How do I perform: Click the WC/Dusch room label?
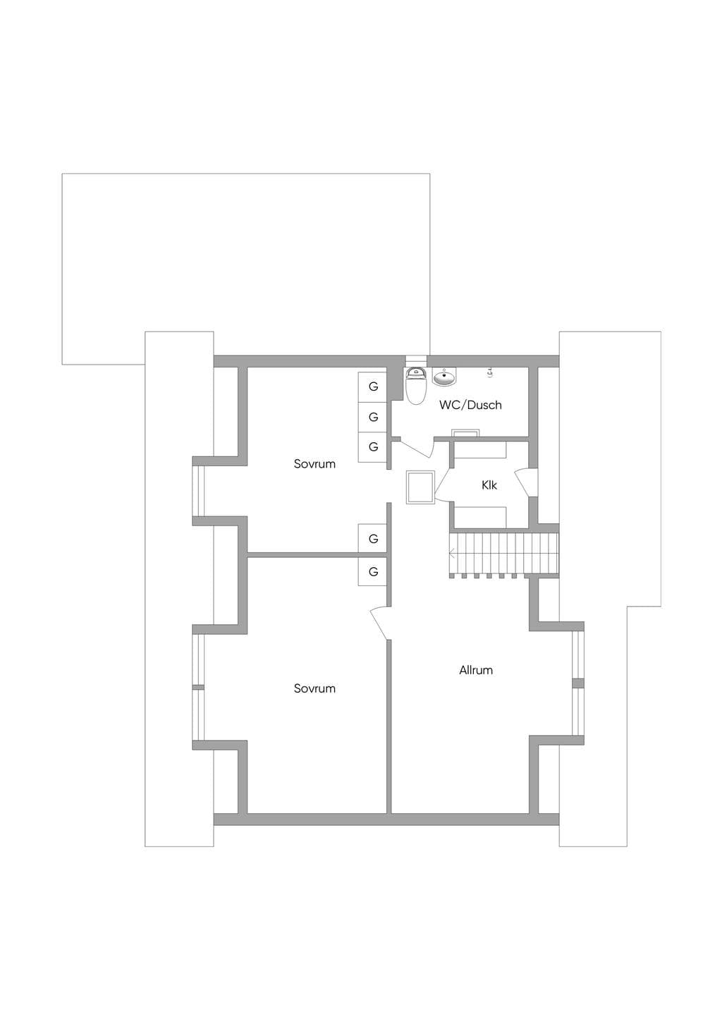click(x=470, y=405)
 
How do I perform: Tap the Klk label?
click(x=489, y=485)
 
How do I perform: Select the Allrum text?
click(x=476, y=670)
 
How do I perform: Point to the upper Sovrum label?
click(x=314, y=464)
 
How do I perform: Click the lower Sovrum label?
click(x=314, y=688)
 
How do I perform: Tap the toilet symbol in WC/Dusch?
click(x=415, y=386)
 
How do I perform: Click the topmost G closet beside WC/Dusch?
click(x=372, y=387)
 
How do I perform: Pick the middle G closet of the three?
click(x=372, y=417)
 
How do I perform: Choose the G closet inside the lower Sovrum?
click(x=372, y=571)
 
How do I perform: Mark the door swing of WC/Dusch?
click(x=416, y=449)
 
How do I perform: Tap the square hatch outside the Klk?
click(x=420, y=488)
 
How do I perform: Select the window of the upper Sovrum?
click(x=198, y=491)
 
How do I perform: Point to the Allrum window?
click(x=578, y=683)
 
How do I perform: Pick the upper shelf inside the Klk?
click(x=480, y=450)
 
